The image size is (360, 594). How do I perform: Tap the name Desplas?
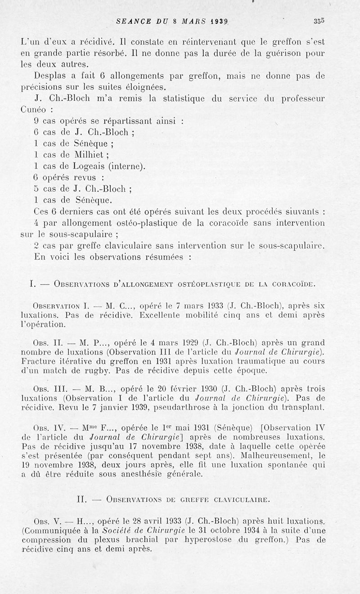click(x=50, y=76)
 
